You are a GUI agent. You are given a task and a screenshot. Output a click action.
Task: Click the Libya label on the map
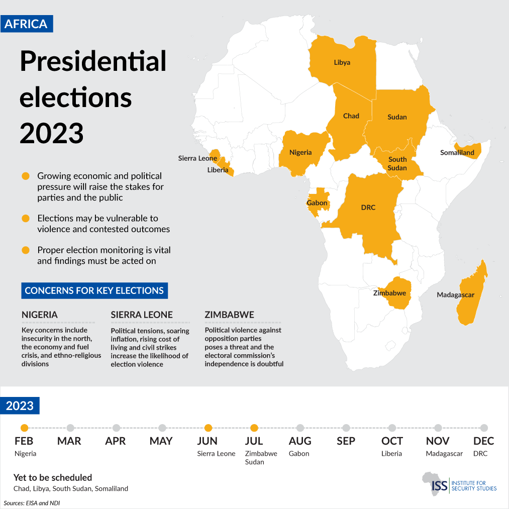pos(342,63)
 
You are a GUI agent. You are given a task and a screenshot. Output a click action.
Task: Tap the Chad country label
pos(351,116)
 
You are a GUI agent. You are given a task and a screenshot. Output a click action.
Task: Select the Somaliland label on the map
pos(457,153)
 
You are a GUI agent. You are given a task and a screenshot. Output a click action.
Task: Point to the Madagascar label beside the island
pos(455,295)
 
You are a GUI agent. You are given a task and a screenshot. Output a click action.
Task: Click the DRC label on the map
pos(368,208)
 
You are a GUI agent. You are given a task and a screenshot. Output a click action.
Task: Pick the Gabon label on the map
pos(317,203)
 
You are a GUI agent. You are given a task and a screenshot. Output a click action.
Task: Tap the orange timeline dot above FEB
pos(24,428)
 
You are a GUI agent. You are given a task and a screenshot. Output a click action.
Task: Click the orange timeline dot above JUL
pos(254,428)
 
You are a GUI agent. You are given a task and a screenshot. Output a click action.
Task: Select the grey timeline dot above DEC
pos(484,428)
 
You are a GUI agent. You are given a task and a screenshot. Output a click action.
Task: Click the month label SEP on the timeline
pos(346,441)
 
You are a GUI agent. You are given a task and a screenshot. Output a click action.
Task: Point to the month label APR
pos(116,441)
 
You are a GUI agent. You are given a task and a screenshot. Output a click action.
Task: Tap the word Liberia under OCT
pos(391,454)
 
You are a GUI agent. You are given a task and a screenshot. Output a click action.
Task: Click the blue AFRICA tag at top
pos(26,24)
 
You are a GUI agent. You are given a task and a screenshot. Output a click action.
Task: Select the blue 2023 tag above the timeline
pos(20,405)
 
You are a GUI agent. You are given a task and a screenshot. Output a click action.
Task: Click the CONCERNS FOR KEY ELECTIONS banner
pos(94,290)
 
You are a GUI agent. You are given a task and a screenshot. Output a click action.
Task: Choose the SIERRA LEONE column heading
pos(142,315)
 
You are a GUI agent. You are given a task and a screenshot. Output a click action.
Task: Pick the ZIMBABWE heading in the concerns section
pos(229,315)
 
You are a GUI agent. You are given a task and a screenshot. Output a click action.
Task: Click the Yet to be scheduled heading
pos(53,477)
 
